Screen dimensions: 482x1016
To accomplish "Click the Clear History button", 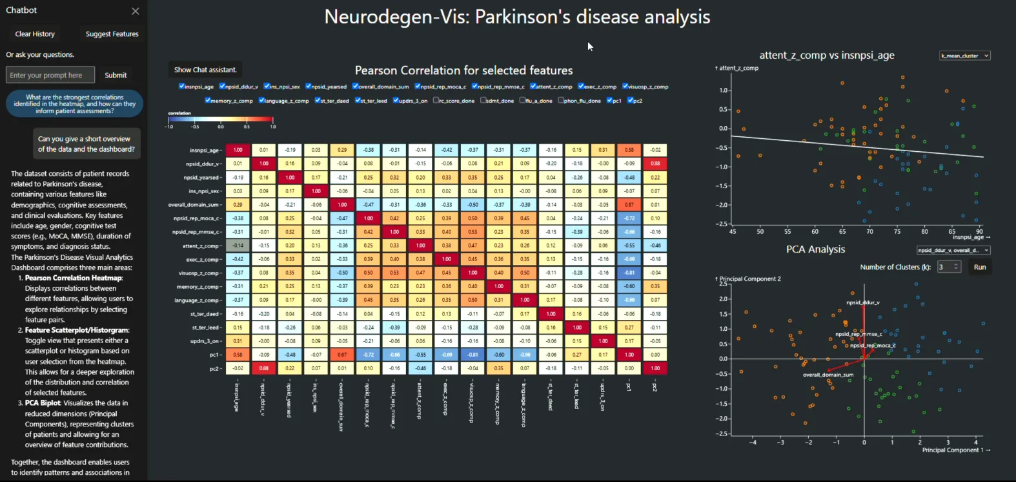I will [35, 34].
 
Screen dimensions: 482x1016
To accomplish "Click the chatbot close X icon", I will [135, 11].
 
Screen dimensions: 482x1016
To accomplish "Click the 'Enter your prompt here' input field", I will [50, 75].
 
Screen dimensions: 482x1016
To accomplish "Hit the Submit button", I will [116, 75].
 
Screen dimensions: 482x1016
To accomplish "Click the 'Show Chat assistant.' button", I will [205, 70].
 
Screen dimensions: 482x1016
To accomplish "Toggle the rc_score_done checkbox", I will [436, 100].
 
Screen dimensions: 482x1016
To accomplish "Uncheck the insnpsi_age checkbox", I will [182, 86].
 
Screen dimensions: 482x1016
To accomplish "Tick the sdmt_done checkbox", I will [483, 100].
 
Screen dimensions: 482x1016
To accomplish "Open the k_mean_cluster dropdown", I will [964, 56].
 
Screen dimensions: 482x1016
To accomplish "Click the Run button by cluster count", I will [979, 267].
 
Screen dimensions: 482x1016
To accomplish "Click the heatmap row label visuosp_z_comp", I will [202, 273].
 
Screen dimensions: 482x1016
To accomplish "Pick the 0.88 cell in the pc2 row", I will [264, 368].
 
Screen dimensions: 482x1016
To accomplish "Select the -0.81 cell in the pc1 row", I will [473, 355].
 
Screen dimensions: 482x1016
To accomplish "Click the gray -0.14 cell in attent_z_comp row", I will [238, 246].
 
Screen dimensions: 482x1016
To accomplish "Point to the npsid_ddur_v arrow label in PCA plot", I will [862, 302].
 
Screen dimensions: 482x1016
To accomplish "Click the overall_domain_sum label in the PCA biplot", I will [828, 375].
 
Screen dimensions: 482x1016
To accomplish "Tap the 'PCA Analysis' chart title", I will [815, 249].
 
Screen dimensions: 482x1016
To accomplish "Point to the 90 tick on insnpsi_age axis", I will [979, 231].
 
